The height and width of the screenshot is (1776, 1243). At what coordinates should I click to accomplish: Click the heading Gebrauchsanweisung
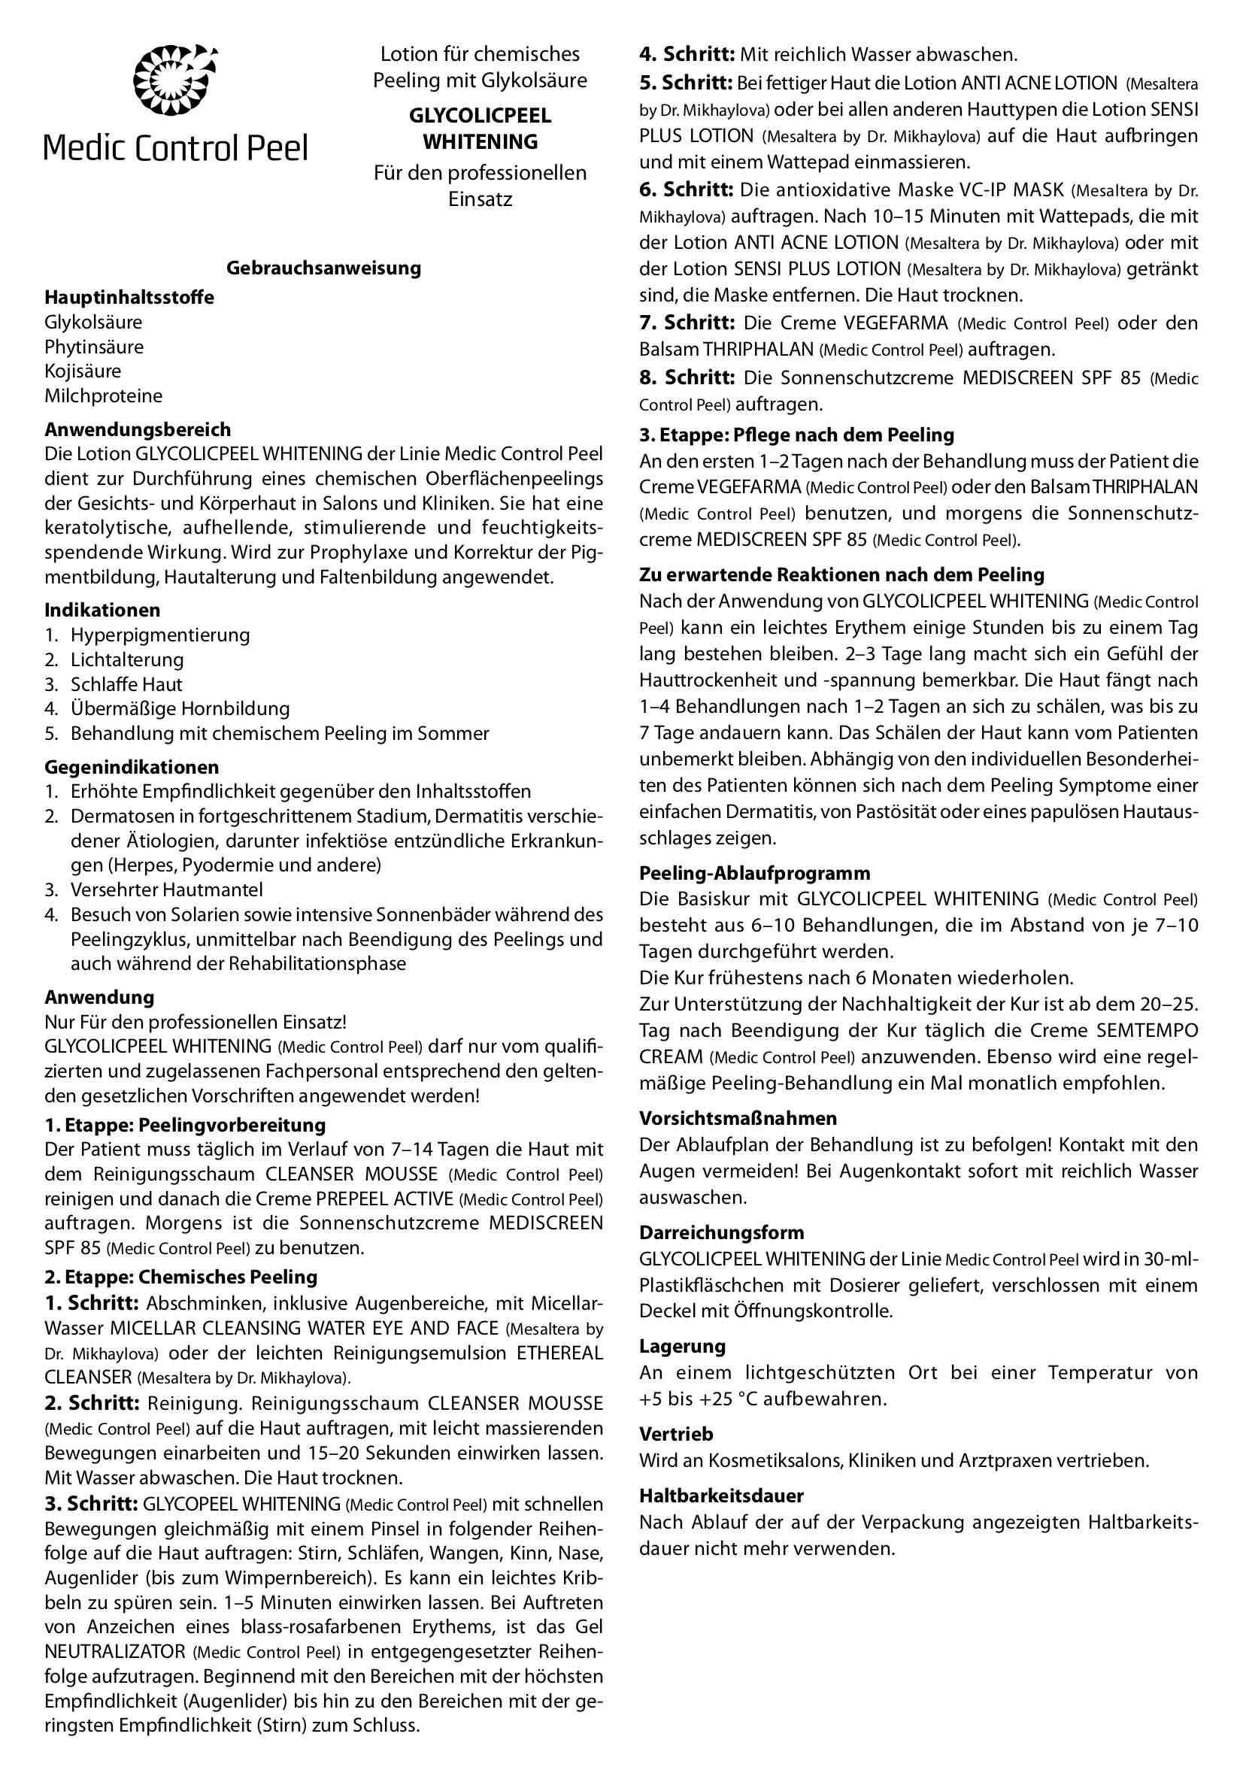[x=323, y=268]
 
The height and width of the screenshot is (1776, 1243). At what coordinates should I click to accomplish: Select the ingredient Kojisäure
[x=83, y=371]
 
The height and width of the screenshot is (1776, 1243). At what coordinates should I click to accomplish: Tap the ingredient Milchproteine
[x=104, y=396]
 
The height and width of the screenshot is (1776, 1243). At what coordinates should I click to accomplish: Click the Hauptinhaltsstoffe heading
[x=129, y=297]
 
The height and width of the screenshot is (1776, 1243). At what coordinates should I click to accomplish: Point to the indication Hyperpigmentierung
[x=160, y=635]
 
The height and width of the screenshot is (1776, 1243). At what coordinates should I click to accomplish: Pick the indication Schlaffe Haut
[x=126, y=684]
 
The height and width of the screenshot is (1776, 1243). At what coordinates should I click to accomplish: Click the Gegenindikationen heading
[x=132, y=768]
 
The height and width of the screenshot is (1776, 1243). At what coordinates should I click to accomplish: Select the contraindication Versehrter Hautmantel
[x=166, y=890]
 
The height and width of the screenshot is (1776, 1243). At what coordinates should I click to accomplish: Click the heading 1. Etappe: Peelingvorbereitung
[x=185, y=1125]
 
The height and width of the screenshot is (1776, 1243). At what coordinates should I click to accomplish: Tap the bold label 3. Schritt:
[x=91, y=1504]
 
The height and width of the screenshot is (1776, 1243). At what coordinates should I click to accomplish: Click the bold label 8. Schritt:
[x=686, y=377]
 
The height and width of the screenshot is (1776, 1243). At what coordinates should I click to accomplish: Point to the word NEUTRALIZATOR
[x=115, y=1652]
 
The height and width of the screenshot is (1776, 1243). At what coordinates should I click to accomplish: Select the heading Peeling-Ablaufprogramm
[x=754, y=872]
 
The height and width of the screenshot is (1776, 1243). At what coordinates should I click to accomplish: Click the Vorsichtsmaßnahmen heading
[x=738, y=1118]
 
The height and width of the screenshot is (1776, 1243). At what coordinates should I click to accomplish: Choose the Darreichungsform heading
[x=722, y=1232]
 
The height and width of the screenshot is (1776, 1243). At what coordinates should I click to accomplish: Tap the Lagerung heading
[x=682, y=1346]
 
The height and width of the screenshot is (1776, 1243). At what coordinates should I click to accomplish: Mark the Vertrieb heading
[x=676, y=1434]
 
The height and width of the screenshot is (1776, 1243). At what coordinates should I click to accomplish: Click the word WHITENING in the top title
[x=481, y=142]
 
